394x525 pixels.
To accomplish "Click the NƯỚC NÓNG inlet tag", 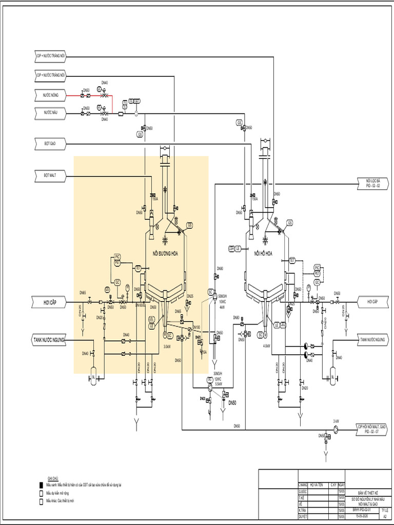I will [51, 94].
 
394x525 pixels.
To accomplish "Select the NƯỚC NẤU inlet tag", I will [51, 111].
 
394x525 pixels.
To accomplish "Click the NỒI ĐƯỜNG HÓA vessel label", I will [164, 253].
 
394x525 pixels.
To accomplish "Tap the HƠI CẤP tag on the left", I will [49, 303].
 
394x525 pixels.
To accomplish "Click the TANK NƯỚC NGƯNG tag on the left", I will [49, 340].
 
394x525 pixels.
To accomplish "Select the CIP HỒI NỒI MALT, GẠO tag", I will [371, 429].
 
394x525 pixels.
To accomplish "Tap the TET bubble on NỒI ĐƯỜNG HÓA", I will [137, 268].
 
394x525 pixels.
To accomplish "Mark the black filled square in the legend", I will [41, 484].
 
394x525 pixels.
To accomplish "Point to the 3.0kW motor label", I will [167, 346].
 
